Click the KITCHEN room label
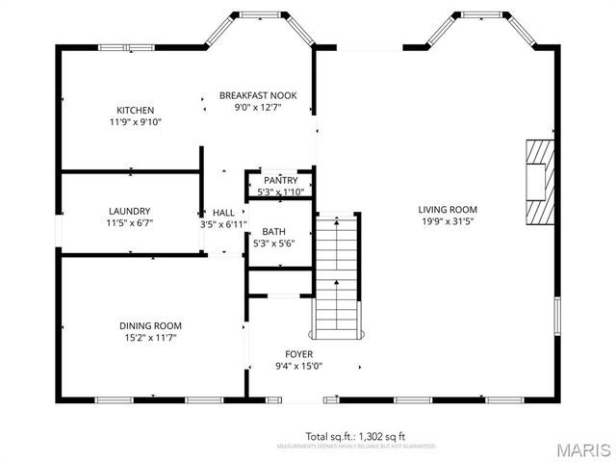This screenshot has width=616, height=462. pos(135,110)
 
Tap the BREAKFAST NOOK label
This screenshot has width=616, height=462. pos(258,95)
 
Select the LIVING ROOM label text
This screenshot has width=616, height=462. pos(447,209)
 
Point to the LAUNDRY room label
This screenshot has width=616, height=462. pos(129,211)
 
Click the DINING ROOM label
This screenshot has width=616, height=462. pos(150,325)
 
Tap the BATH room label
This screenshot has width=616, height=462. pos(273,231)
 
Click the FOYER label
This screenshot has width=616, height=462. pos(298,353)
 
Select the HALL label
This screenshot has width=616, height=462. pos(223,212)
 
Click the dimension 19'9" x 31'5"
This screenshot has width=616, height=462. pos(447,221)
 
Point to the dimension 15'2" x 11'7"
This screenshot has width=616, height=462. pos(150,338)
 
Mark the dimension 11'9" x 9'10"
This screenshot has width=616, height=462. pos(135,122)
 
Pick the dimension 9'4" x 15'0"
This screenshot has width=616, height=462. pos(298,366)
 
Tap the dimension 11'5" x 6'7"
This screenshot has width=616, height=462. pos(129,223)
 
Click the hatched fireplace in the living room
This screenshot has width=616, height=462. pos(540,183)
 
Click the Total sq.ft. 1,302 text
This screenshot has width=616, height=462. pos(355,436)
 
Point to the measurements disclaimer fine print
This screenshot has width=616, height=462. pos(355,447)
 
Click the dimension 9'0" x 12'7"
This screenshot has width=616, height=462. pos(258,108)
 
